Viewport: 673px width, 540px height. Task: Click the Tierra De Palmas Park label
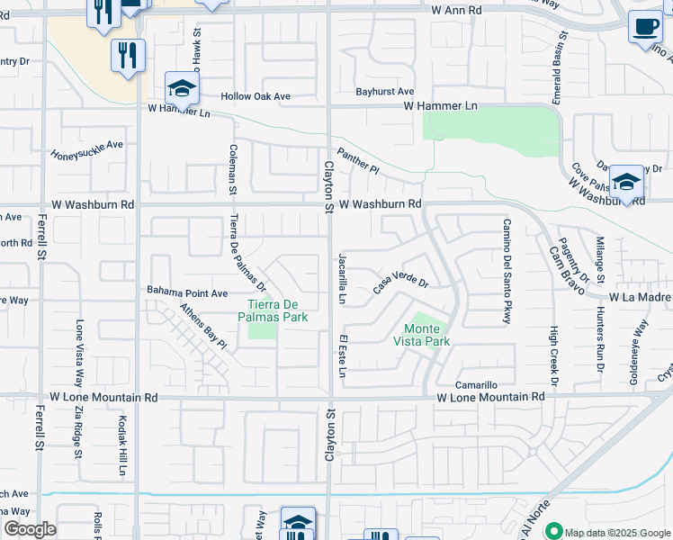[274, 310]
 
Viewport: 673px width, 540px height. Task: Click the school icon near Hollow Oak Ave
[181, 90]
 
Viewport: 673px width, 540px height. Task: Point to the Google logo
[30, 529]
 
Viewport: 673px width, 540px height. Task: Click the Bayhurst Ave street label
[384, 92]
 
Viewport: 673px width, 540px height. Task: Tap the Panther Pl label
[359, 162]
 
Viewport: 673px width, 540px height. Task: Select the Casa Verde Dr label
[400, 283]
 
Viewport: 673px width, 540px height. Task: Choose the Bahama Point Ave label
[186, 292]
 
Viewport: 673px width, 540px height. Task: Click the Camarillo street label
[476, 384]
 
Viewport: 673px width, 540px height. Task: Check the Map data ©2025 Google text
[616, 532]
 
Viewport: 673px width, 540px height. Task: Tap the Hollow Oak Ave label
[256, 96]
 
